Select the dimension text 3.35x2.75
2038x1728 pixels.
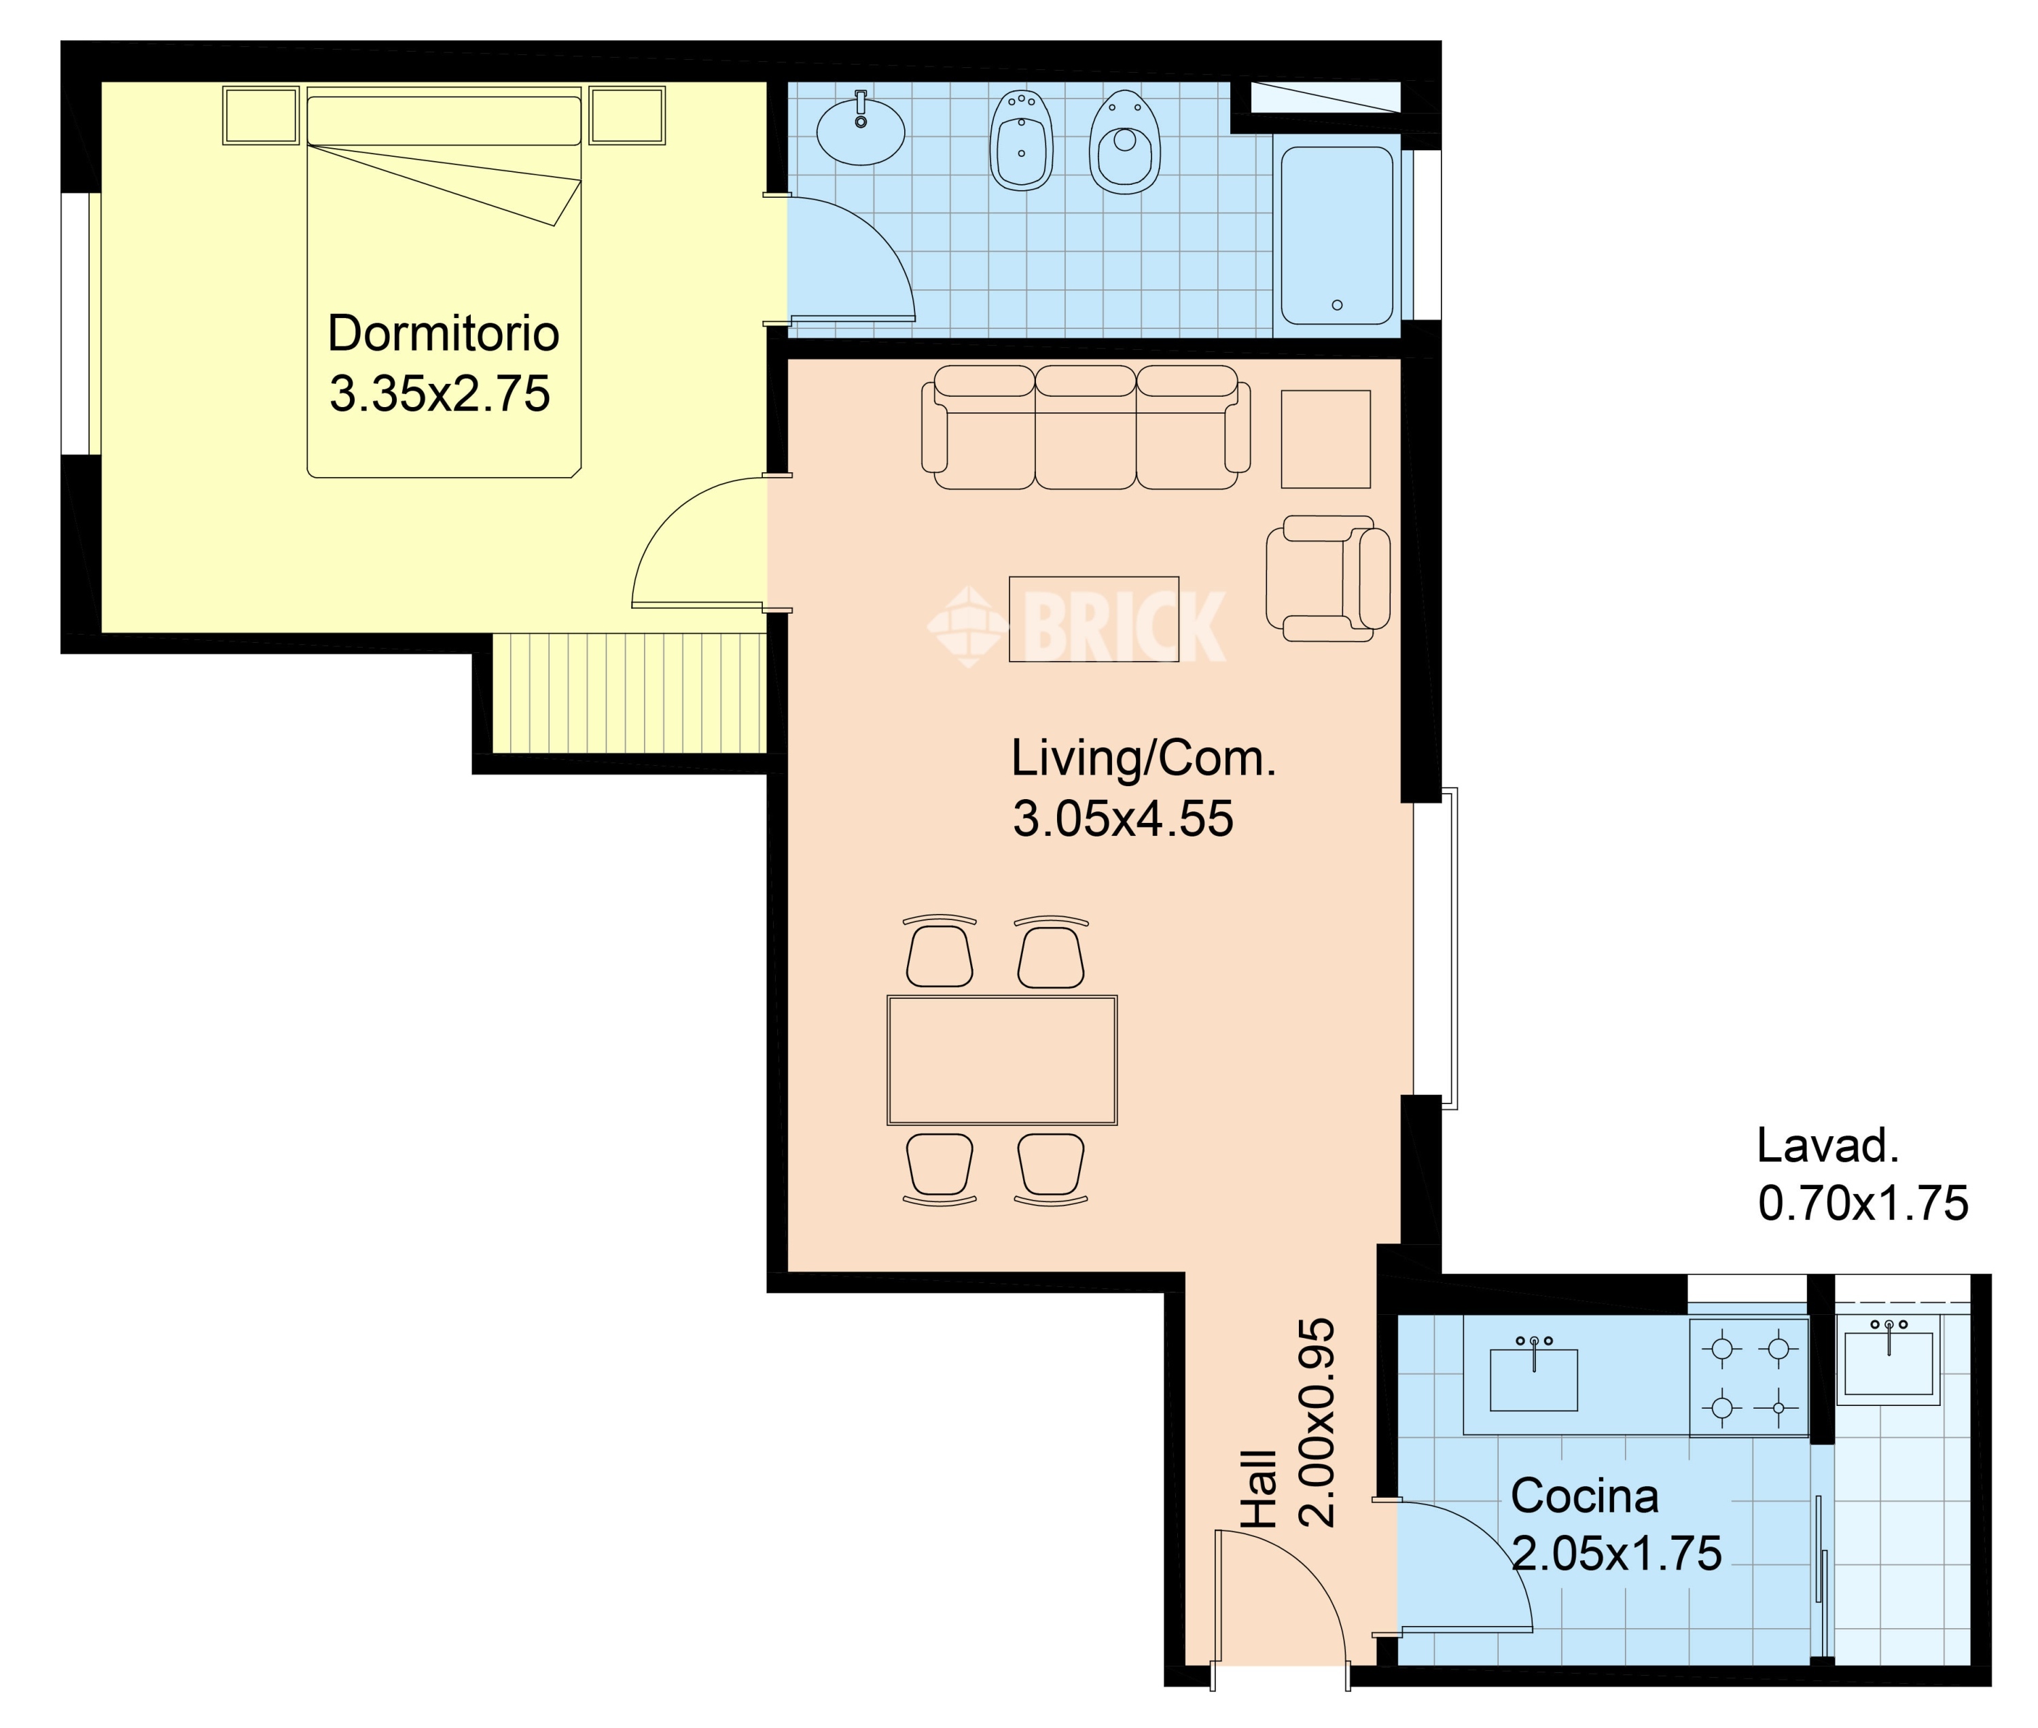point(440,394)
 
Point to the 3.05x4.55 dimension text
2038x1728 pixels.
point(1122,819)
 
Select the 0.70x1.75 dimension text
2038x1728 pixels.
point(1863,1204)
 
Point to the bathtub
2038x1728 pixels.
point(1337,235)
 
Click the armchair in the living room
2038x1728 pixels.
point(1328,579)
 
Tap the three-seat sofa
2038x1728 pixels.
point(1085,427)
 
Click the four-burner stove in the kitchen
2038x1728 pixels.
point(1749,1377)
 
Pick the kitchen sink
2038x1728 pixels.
point(1534,1375)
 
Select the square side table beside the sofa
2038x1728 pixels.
point(1326,439)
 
